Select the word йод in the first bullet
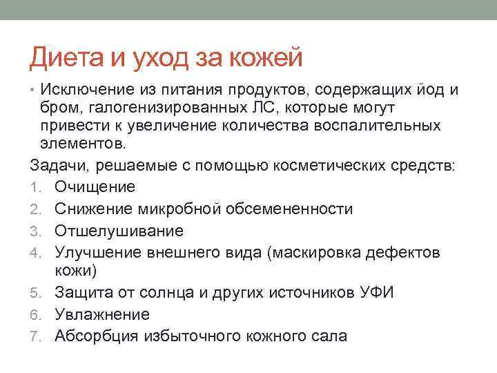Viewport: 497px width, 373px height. pos(432,89)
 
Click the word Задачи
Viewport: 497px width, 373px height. pos(59,165)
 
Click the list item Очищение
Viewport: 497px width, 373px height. pos(95,186)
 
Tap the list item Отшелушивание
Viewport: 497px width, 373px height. pos(119,230)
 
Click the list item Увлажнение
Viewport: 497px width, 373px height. pos(101,314)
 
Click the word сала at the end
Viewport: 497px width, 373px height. pos(330,336)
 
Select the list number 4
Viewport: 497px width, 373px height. pos(34,252)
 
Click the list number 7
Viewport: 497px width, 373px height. pos(34,336)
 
